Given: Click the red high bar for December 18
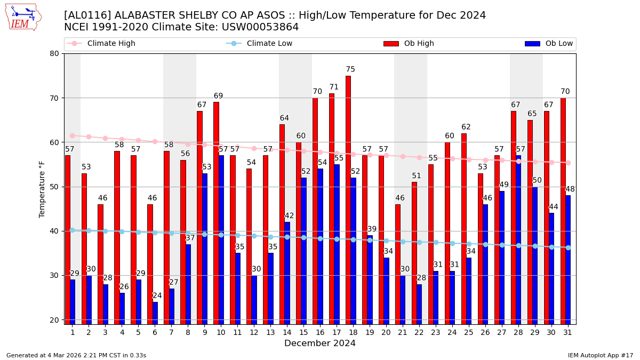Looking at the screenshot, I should point(348,199).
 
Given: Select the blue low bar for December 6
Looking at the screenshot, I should point(155,313).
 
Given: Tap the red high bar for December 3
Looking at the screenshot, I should point(100,264).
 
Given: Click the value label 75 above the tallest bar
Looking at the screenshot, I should point(350,69).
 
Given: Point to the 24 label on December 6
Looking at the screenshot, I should point(157,295).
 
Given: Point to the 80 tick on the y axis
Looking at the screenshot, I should point(54,53).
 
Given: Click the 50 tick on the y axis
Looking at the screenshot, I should point(54,187).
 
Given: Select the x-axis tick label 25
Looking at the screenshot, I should point(469,332).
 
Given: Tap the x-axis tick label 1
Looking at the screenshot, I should point(73,332).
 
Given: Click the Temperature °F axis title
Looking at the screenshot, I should point(42,189).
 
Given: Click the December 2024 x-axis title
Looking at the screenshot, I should point(320,343).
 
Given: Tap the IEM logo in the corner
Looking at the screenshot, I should point(23,17).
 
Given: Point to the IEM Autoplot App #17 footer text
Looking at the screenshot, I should point(601,355).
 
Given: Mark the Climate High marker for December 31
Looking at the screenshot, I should point(568,163).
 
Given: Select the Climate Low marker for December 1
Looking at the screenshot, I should point(73,230).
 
